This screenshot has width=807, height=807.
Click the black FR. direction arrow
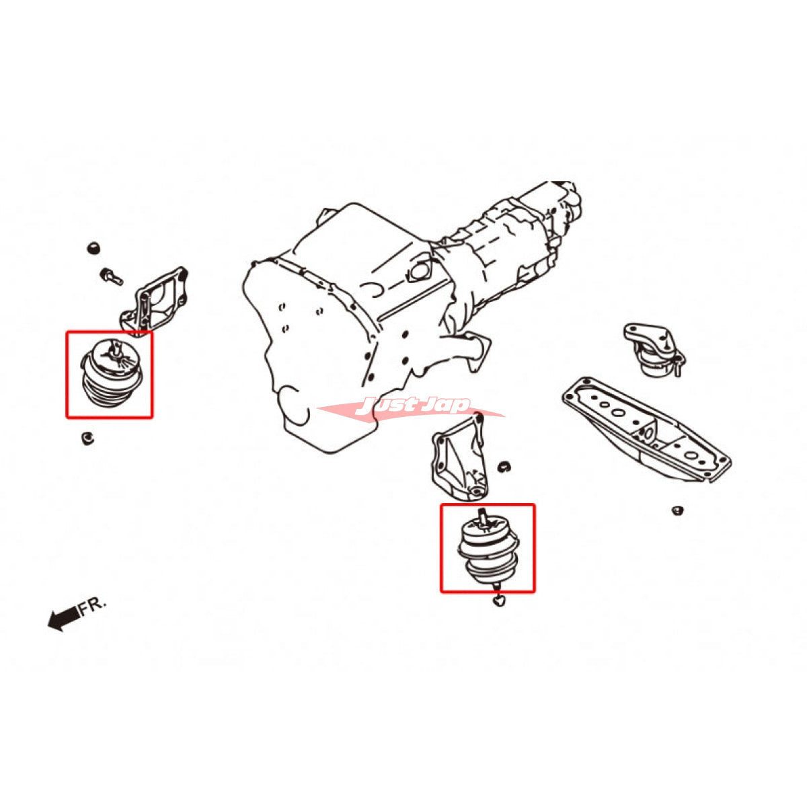(x=62, y=619)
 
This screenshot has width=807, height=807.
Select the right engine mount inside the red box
(x=488, y=548)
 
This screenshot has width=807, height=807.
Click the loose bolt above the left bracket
(x=111, y=276)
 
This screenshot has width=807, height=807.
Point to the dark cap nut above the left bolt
(x=93, y=247)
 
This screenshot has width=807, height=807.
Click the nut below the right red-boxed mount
(x=498, y=601)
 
